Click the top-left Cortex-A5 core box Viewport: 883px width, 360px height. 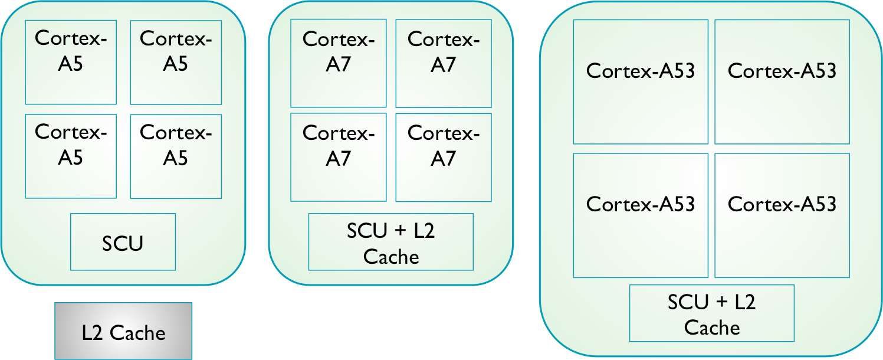71,62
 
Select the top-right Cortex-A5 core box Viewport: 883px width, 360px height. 176,62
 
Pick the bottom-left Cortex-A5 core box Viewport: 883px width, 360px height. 71,156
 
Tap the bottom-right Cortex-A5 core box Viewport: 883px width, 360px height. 176,156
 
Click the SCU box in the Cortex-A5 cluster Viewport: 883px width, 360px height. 123,242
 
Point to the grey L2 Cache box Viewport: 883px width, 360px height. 123,331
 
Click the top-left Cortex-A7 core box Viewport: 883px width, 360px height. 338,63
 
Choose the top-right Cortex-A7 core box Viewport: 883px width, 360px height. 443,63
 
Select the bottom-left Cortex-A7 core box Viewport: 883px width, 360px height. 338,157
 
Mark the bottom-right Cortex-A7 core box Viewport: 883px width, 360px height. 443,157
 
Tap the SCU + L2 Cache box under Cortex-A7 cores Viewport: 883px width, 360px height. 390,242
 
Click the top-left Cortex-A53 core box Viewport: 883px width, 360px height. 641,81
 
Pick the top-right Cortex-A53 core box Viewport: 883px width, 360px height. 782,81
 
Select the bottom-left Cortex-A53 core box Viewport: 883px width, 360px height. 641,215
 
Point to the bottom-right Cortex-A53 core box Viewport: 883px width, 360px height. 782,215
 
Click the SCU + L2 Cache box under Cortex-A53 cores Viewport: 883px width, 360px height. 711,313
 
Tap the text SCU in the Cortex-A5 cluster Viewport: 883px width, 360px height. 123,243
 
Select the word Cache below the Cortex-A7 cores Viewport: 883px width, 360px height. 391,257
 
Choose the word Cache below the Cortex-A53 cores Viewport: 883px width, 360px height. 712,328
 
